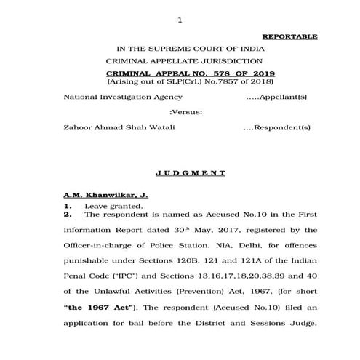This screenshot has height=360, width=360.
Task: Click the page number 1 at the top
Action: pos(179,19)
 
